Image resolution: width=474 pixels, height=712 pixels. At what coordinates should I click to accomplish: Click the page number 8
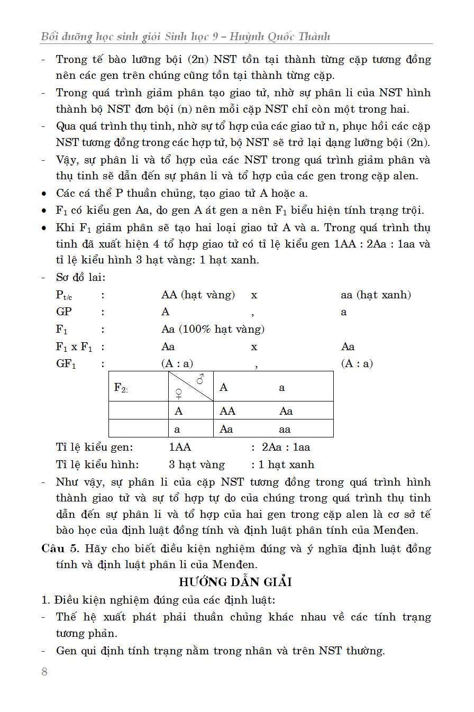pos(44,672)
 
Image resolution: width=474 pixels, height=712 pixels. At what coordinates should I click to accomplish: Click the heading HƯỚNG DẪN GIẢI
pos(235,582)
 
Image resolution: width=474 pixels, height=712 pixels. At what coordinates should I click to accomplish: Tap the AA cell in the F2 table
pos(228,411)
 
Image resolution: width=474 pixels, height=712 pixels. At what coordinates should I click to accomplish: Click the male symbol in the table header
pos(200,379)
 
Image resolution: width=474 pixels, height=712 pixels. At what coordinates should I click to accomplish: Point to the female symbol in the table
pos(179,394)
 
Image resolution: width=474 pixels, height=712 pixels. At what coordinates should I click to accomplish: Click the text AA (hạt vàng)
pos(198,295)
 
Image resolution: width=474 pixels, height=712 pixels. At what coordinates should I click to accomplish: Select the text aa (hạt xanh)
pos(376,295)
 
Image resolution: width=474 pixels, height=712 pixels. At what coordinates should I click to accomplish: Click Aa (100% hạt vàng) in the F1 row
pos(213,329)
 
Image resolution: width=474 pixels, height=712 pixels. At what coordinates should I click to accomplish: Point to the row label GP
pos(64,312)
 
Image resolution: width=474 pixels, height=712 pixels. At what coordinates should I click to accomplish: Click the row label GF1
pos(66,364)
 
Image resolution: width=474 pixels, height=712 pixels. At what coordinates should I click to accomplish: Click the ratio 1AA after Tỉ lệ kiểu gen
pos(180,447)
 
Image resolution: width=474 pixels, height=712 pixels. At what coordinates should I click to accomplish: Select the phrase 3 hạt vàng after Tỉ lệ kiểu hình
pos(197,464)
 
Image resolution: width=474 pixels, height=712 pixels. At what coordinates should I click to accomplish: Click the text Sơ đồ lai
pos(80,277)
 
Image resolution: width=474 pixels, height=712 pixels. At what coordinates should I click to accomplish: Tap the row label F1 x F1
pos(74,347)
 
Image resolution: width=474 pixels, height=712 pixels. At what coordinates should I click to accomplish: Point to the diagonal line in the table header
pos(190,386)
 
